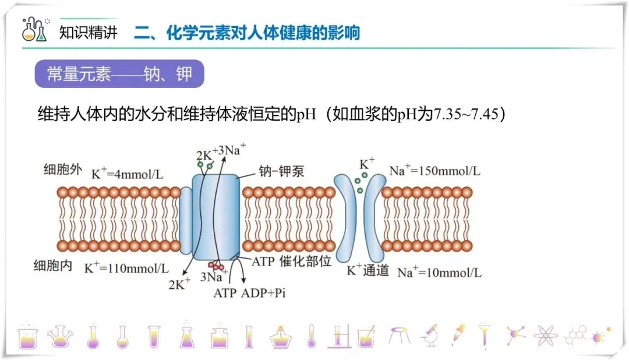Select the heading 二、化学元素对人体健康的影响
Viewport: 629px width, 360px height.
point(247,32)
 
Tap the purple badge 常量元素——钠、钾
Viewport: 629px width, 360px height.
point(119,75)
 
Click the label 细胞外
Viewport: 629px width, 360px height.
point(59,170)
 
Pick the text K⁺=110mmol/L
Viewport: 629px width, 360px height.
point(126,269)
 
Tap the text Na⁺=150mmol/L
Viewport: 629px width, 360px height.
point(435,171)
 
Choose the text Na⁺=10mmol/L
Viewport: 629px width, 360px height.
point(439,272)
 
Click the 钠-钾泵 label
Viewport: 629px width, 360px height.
point(281,172)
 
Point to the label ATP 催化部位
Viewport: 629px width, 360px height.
point(291,262)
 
